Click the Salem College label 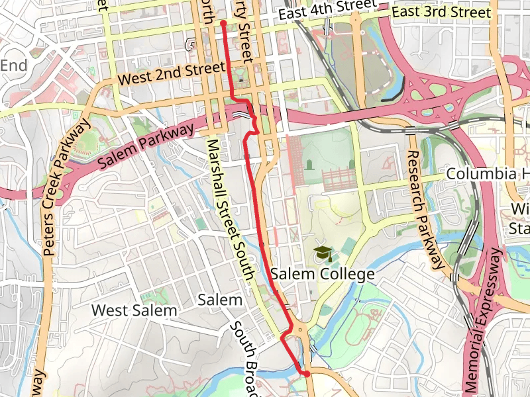[x=323, y=274]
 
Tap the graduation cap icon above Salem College [x=323, y=253]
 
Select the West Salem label [x=134, y=310]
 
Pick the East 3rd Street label [x=441, y=13]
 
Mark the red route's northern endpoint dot [x=223, y=23]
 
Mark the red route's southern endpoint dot [x=307, y=375]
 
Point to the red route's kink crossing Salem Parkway [x=252, y=116]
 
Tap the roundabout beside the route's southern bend [x=301, y=329]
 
